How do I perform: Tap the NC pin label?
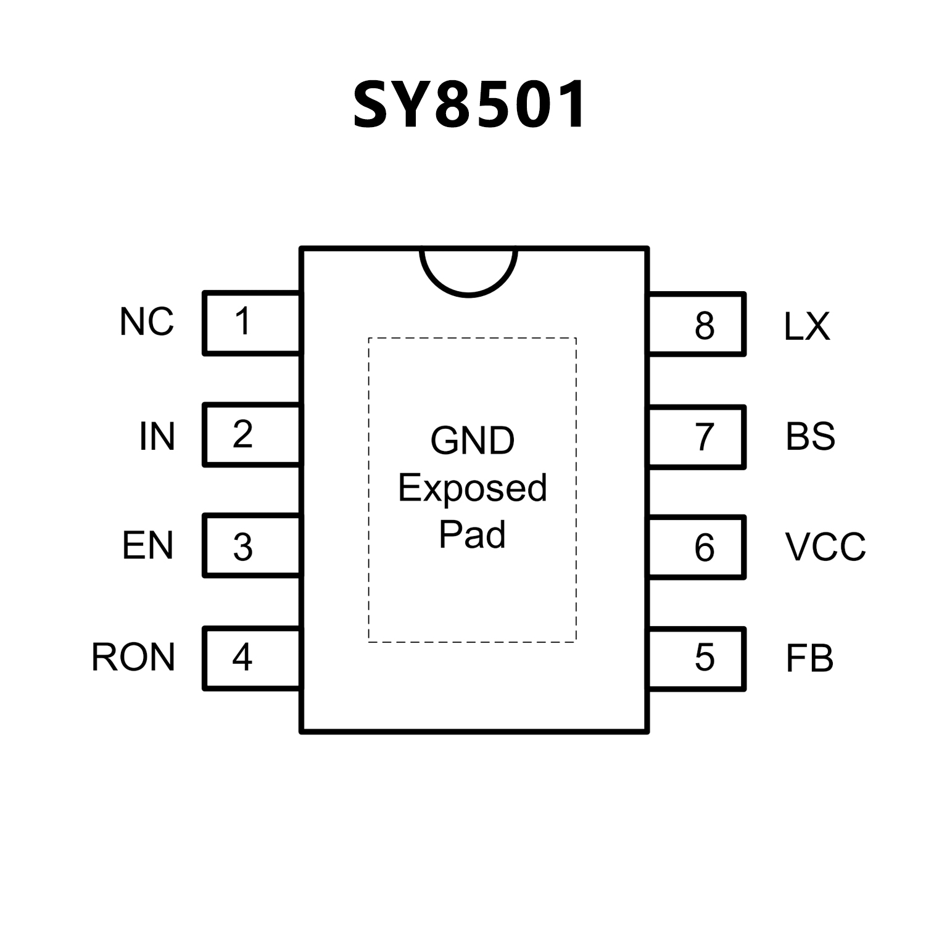click(x=147, y=322)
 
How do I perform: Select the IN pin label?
click(x=157, y=436)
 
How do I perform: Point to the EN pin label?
click(x=147, y=545)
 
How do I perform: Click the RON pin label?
click(x=133, y=657)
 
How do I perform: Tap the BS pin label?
click(x=810, y=436)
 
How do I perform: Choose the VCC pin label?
click(x=825, y=547)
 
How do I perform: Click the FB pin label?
click(x=809, y=658)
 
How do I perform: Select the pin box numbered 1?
click(x=252, y=323)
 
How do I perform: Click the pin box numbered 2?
click(x=252, y=435)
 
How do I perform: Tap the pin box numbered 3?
click(x=252, y=546)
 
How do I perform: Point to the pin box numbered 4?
click(x=252, y=658)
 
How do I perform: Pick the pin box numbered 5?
click(x=697, y=658)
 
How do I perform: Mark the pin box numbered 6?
click(x=697, y=547)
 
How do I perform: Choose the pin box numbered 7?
click(x=697, y=437)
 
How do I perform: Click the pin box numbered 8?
click(x=697, y=325)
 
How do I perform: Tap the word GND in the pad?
click(x=472, y=440)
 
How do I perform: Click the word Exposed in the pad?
click(x=472, y=489)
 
